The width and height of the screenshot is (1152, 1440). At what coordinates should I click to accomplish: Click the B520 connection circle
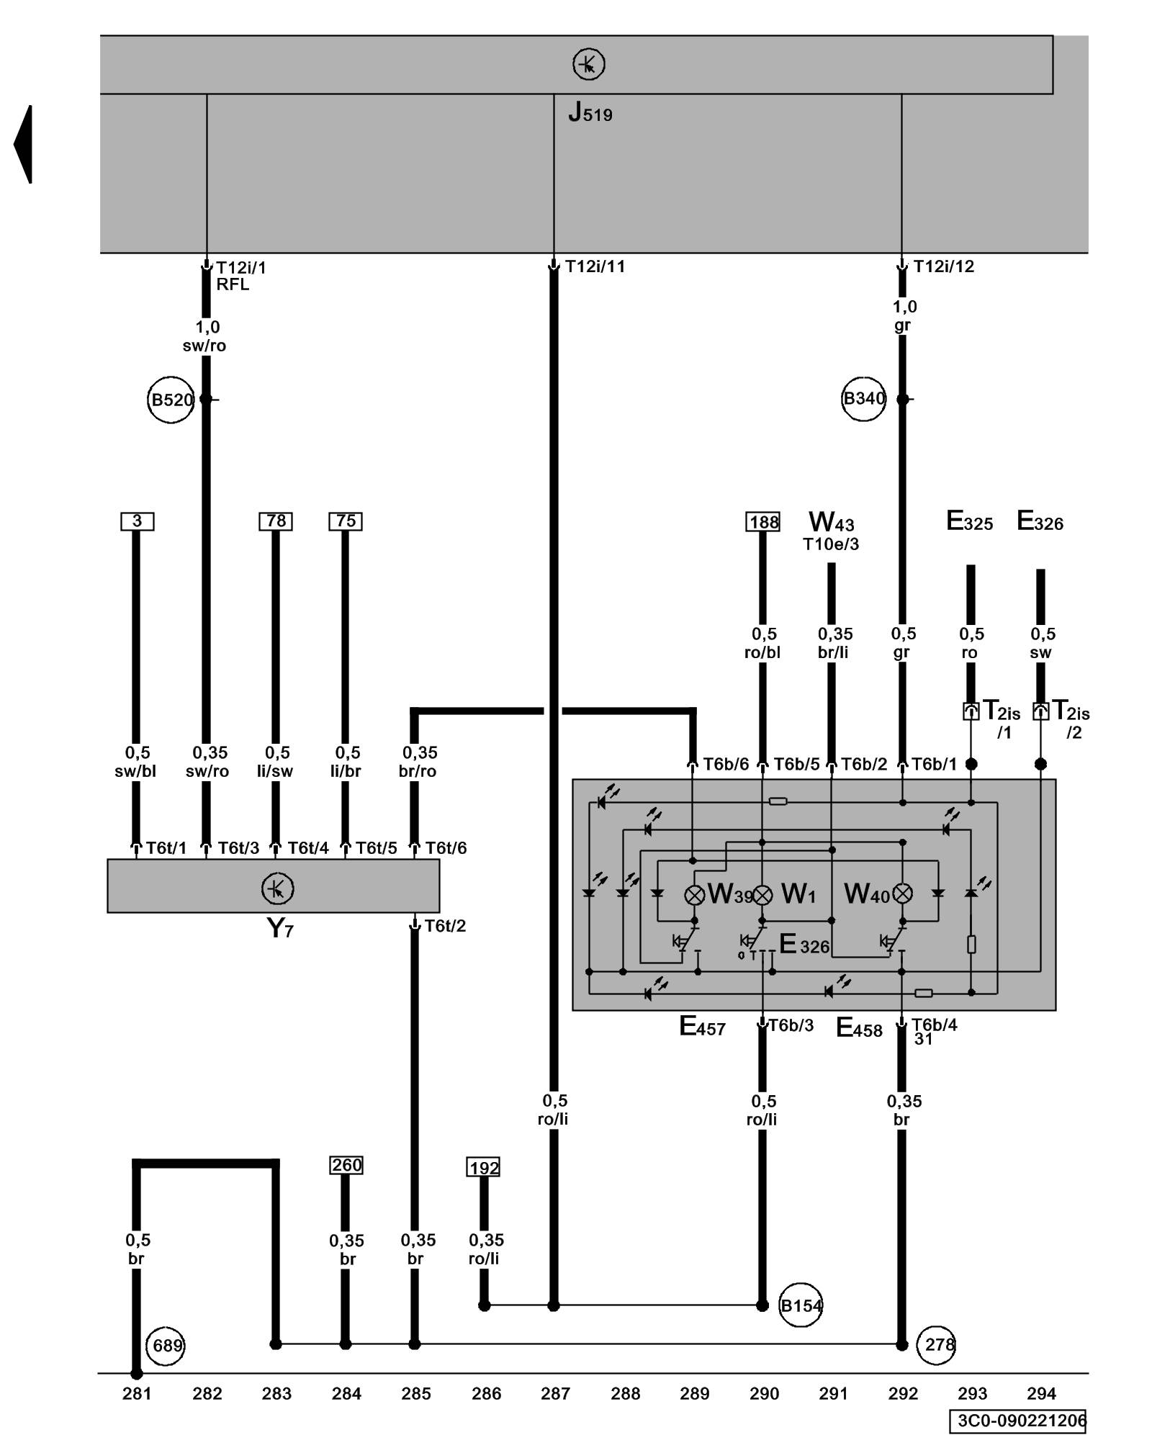(x=171, y=399)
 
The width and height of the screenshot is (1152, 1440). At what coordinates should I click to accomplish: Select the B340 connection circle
(x=863, y=398)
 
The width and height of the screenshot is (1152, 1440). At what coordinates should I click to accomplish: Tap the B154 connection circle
(x=801, y=1305)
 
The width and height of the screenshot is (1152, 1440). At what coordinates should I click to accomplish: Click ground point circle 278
(x=936, y=1344)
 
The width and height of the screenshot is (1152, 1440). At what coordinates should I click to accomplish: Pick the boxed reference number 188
(x=763, y=522)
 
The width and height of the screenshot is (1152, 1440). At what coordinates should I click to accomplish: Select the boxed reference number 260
(x=346, y=1165)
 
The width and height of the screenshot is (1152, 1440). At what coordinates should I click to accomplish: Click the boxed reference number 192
(x=483, y=1167)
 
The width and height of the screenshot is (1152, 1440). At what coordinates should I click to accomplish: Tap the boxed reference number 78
(x=276, y=521)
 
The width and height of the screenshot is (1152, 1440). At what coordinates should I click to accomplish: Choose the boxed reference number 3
(x=137, y=521)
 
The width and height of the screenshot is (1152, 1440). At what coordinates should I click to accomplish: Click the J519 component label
(x=590, y=112)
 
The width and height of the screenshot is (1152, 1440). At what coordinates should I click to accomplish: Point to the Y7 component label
(x=279, y=927)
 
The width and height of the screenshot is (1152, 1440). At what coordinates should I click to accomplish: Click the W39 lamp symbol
(x=694, y=894)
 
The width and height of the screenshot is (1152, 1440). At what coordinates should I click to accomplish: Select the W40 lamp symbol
(x=902, y=894)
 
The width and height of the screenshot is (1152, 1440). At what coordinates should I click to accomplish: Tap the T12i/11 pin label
(x=595, y=266)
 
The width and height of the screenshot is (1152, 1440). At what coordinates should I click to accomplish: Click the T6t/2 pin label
(x=445, y=925)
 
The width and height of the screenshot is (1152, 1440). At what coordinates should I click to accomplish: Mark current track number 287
(x=555, y=1394)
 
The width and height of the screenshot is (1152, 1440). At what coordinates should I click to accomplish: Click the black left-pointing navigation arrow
(x=23, y=144)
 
